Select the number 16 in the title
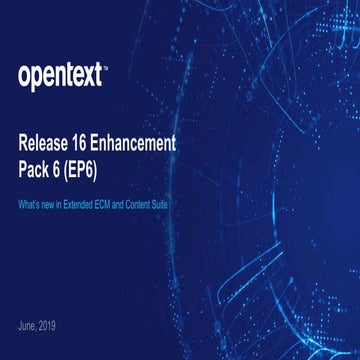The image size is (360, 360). tap(95, 143)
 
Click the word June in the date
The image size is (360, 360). tap(28, 327)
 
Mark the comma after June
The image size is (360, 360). tap(38, 329)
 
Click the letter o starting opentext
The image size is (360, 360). tap(25, 76)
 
